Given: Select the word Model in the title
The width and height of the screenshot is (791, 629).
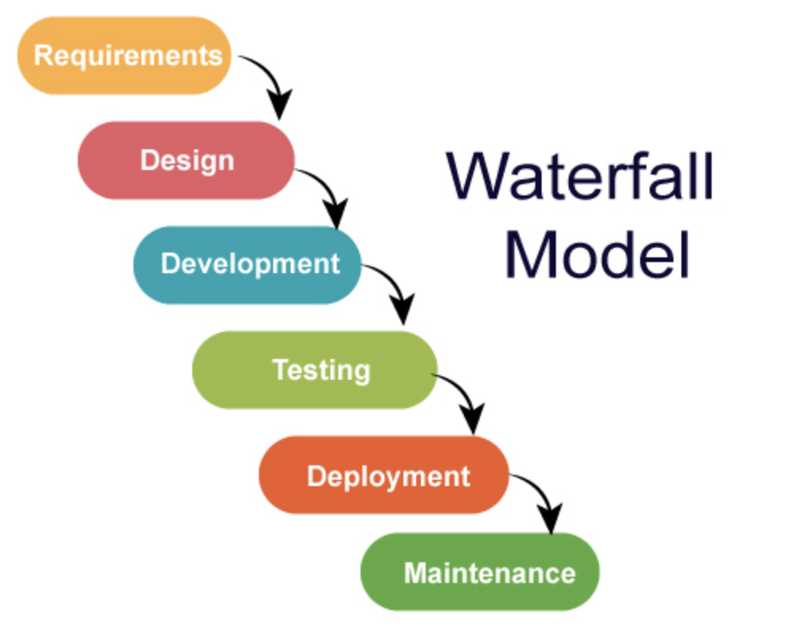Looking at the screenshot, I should (x=596, y=254).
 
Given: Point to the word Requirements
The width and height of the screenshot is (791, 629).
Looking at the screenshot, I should (x=128, y=56).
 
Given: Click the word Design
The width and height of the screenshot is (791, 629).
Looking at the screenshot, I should (x=187, y=160).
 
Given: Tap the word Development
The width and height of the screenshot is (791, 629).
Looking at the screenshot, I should (x=250, y=264).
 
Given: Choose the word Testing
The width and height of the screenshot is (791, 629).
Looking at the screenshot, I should (x=321, y=370).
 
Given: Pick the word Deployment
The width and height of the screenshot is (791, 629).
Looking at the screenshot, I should (x=388, y=477).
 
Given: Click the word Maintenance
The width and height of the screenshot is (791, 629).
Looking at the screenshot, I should (x=489, y=573).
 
